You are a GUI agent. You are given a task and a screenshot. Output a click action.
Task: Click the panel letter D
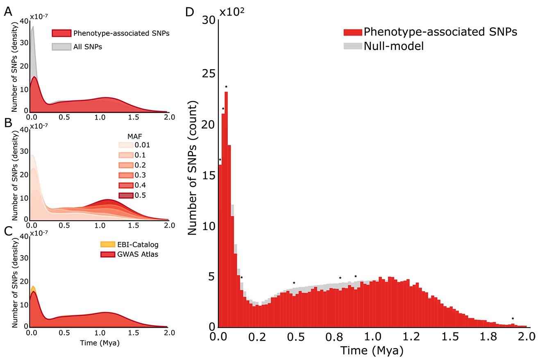[189, 13]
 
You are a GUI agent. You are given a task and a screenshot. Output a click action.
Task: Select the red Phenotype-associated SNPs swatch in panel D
[352, 32]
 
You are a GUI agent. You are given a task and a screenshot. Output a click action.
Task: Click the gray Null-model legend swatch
[352, 46]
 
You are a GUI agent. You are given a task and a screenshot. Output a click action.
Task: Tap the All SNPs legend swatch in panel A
[61, 47]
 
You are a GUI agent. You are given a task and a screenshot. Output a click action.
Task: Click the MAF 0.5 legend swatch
[126, 195]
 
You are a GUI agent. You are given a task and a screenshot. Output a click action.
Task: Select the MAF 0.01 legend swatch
[126, 145]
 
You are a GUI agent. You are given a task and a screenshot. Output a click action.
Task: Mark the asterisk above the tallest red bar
[226, 86]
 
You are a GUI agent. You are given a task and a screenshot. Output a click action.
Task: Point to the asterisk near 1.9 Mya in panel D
[513, 319]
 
